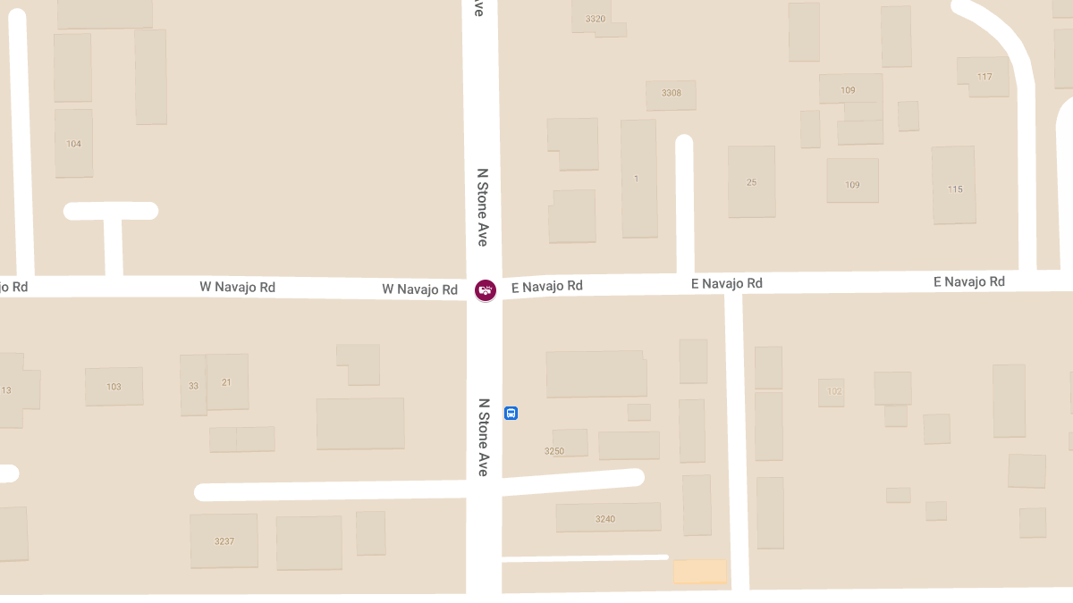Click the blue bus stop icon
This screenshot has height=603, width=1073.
511,413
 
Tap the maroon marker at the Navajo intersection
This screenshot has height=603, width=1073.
486,289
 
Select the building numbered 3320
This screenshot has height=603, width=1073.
595,19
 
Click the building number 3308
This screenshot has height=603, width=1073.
671,93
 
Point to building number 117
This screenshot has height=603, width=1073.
984,77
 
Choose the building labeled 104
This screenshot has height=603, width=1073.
73,144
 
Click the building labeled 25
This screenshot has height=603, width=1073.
751,182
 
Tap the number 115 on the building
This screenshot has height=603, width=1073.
955,189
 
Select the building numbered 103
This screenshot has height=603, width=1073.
114,387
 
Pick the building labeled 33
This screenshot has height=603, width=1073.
193,386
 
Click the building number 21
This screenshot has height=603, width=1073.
226,382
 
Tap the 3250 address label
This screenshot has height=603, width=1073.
554,451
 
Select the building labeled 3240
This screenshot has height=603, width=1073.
605,518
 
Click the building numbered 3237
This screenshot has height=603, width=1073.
224,540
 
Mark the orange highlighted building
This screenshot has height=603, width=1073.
699,571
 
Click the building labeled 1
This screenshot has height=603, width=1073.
637,179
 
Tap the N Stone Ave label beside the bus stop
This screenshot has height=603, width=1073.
483,437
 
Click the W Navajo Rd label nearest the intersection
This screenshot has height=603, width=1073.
419,289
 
